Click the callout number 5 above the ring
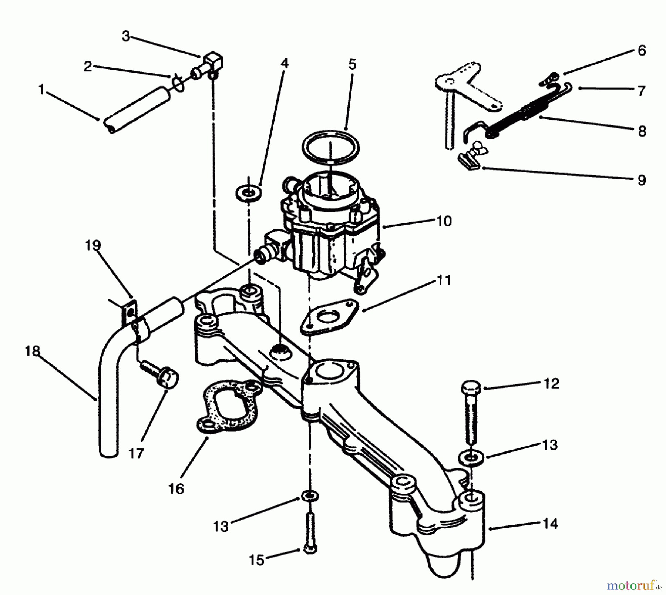click(352, 64)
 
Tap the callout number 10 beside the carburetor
click(444, 221)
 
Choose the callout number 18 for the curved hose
click(33, 351)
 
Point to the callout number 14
click(550, 524)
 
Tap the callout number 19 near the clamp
click(92, 245)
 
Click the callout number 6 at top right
click(642, 50)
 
